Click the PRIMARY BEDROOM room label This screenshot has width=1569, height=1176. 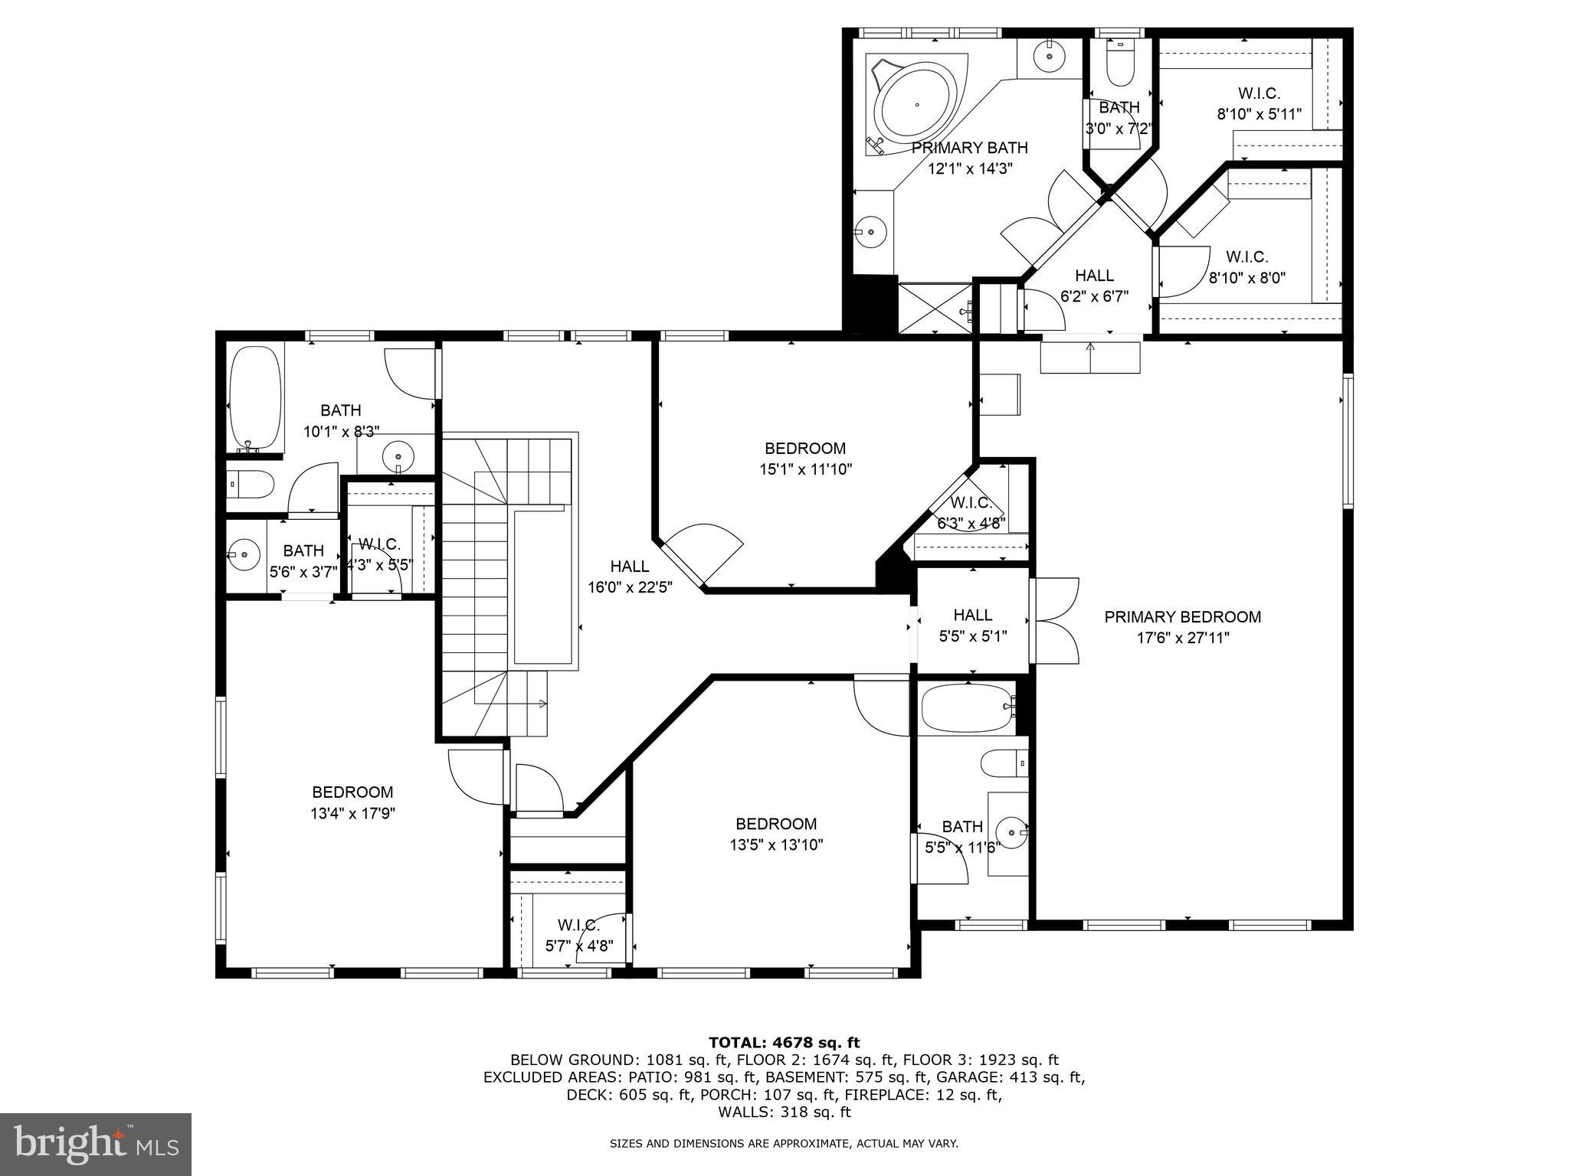click(1182, 617)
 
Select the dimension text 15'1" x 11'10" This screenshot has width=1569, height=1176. click(805, 469)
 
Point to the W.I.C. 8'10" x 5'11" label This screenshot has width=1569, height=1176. click(1259, 104)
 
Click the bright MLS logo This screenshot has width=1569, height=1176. click(95, 1145)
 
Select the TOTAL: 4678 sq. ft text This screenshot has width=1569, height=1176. click(784, 1042)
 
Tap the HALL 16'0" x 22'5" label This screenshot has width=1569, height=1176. click(630, 577)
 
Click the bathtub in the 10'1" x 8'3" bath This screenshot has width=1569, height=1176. click(255, 398)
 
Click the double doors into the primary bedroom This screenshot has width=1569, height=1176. click(1056, 621)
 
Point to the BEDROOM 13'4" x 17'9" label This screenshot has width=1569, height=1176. click(352, 802)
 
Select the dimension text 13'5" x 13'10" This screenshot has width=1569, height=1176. click(776, 845)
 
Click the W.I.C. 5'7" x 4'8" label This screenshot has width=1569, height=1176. click(579, 935)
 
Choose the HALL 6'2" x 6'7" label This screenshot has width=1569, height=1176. click(1094, 286)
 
